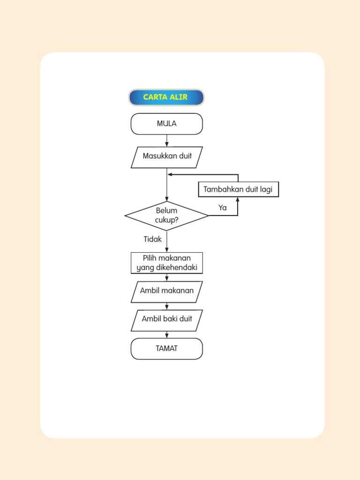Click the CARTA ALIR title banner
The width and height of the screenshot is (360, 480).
click(x=166, y=97)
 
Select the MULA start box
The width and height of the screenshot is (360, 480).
click(x=166, y=124)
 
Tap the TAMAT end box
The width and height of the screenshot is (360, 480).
click(x=166, y=349)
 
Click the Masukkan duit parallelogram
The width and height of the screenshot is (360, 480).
click(x=167, y=157)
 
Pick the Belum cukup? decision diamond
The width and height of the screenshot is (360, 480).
click(x=166, y=216)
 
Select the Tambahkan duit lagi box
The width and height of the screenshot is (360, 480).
click(x=238, y=189)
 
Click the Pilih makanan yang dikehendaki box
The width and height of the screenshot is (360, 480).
click(x=166, y=263)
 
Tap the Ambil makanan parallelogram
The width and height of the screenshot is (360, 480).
click(x=166, y=291)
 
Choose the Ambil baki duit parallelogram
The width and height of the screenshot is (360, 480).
click(x=166, y=319)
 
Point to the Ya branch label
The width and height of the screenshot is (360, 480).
click(x=223, y=208)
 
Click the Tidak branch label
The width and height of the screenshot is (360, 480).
click(x=152, y=239)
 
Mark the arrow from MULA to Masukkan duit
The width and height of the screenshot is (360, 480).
click(x=167, y=141)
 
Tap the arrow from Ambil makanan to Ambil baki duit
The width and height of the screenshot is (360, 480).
click(x=167, y=306)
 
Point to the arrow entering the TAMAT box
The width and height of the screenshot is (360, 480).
click(x=167, y=335)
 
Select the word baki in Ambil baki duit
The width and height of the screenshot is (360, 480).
click(x=171, y=319)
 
